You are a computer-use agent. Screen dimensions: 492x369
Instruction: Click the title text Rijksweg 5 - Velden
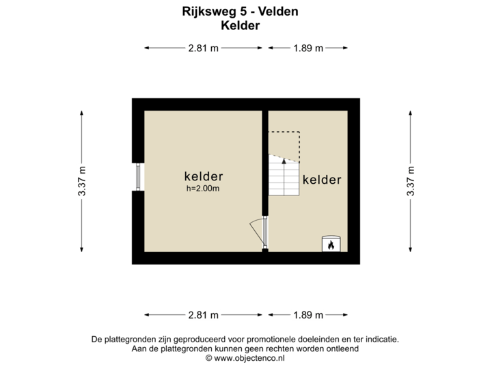click(x=241, y=12)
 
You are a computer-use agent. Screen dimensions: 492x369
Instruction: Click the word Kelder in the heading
click(x=241, y=25)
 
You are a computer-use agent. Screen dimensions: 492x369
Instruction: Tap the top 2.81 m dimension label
click(x=204, y=48)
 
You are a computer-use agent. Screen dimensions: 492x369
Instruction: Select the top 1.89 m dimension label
click(x=308, y=48)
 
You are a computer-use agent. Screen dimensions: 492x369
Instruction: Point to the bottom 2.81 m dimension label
click(x=204, y=315)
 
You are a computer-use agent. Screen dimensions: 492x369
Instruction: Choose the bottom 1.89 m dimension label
click(x=308, y=315)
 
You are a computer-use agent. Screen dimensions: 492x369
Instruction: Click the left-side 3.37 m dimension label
click(x=82, y=182)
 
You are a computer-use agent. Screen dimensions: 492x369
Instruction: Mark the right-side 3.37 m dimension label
click(x=410, y=182)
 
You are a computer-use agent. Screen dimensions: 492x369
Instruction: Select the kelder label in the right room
click(x=321, y=180)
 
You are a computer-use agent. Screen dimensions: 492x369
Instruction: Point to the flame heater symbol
click(x=331, y=243)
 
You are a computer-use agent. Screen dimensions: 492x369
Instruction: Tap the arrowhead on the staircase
click(x=284, y=159)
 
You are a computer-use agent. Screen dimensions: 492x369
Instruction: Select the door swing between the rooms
click(x=257, y=230)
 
